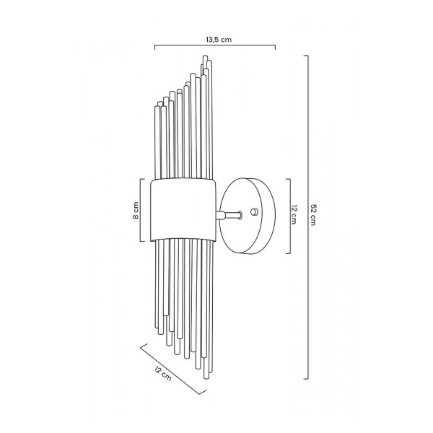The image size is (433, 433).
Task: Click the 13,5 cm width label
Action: click(214, 39)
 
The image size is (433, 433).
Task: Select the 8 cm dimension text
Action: click(134, 211)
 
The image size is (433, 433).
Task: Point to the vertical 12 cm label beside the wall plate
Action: click(294, 216)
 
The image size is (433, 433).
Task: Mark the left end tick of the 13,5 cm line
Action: click(156, 47)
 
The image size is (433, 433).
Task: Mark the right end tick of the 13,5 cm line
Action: click(275, 47)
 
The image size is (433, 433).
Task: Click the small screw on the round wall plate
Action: click(253, 211)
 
